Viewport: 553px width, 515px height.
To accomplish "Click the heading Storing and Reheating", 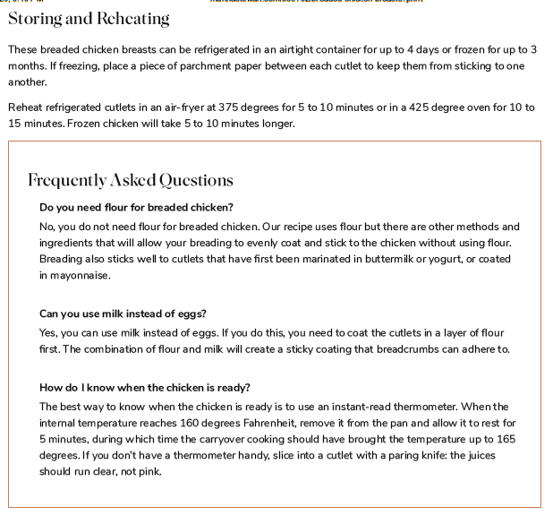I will point(88,18).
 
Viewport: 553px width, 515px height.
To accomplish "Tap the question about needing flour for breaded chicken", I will point(136,208).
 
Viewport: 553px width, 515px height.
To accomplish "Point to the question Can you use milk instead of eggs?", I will point(123,313).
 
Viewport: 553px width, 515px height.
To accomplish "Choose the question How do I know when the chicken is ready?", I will point(145,387).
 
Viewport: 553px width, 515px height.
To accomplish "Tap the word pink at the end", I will point(149,472).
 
